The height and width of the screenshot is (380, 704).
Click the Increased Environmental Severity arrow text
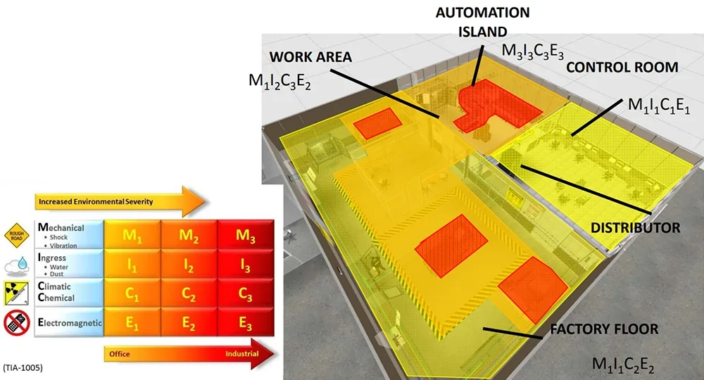tap(96, 202)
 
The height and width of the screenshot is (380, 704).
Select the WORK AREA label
tap(310, 57)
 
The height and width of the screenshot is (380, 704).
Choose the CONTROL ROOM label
tap(622, 68)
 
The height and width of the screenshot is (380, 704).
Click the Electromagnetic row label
tap(68, 323)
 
